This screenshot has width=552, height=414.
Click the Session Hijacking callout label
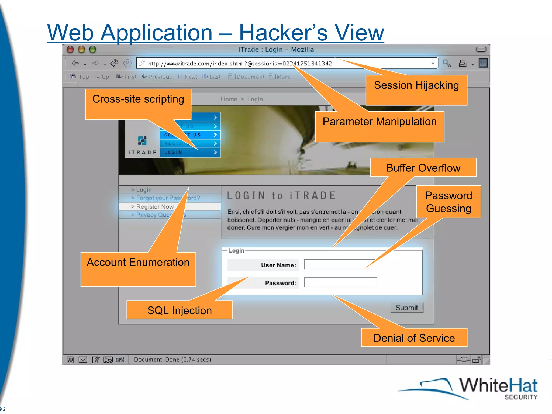pyautogui.click(x=416, y=86)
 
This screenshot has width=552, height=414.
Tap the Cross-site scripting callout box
pyautogui.click(x=138, y=99)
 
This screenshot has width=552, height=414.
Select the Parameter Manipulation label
pyautogui.click(x=379, y=122)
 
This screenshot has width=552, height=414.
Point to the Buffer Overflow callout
pyautogui.click(x=423, y=168)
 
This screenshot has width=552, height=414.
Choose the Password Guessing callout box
pyautogui.click(x=448, y=202)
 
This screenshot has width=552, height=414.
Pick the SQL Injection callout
pyautogui.click(x=180, y=310)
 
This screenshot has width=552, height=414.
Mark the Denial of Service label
pyautogui.click(x=414, y=338)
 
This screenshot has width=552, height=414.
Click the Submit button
pyautogui.click(x=406, y=308)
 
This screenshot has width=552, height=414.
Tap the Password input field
pyautogui.click(x=340, y=282)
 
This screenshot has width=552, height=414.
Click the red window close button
pyautogui.click(x=70, y=49)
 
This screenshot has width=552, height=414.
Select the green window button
pyautogui.click(x=93, y=49)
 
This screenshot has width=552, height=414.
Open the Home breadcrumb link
pyautogui.click(x=229, y=99)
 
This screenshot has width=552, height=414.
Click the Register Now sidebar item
pyautogui.click(x=155, y=207)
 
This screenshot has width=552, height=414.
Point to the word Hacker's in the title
pyautogui.click(x=283, y=33)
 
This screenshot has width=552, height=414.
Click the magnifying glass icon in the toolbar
pyautogui.click(x=447, y=63)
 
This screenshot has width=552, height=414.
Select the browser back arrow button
pyautogui.click(x=75, y=63)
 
